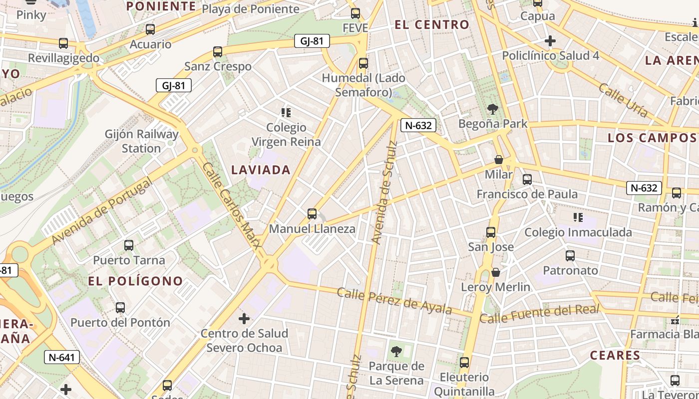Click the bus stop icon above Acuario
pos(150,29)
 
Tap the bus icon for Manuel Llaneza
pos(312,214)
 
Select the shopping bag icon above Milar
pos(498,160)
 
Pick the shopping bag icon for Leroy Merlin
pos(496,272)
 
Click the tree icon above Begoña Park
pos(493,109)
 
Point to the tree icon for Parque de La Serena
pos(396,352)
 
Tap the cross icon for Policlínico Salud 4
pos(550,41)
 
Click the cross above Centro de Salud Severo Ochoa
pos(244,318)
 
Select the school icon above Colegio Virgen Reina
pos(286,113)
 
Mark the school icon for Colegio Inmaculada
pos(578,217)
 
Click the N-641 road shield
pos(62,357)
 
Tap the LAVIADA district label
pos(261,170)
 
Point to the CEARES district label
pos(615,355)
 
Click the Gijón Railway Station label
pos(141,141)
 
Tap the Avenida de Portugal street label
pos(101,211)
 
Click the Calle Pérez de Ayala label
pos(394,301)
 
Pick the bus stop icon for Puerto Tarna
pos(129,245)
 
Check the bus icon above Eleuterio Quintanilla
pos(464,363)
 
